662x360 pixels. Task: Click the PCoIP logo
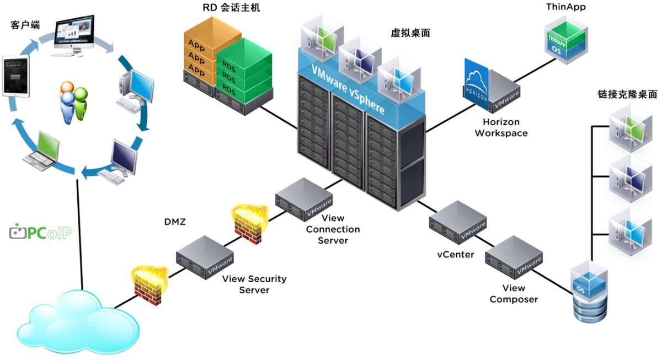(x=41, y=232)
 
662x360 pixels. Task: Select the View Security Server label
(x=254, y=284)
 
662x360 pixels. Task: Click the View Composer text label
(x=514, y=294)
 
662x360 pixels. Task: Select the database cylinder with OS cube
(x=589, y=292)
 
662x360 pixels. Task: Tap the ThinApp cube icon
(x=565, y=40)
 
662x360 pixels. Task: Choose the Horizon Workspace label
(x=501, y=127)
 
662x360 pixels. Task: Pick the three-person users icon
(x=73, y=101)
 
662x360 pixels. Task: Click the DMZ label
(x=174, y=222)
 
